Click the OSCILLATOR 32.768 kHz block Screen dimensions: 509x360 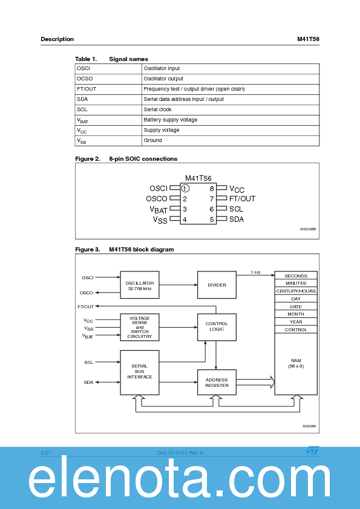(140, 285)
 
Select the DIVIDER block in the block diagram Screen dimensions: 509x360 (217, 285)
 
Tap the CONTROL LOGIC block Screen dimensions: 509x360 (217, 326)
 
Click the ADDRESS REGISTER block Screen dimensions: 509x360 (217, 383)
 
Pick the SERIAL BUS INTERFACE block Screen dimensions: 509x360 (140, 371)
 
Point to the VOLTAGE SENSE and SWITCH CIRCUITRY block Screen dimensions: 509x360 (140, 327)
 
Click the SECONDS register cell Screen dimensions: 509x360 (296, 276)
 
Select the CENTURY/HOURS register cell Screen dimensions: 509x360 (296, 291)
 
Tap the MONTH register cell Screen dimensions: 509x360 (296, 314)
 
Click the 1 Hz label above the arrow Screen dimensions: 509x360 (255, 273)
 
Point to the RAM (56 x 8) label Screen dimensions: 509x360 (296, 363)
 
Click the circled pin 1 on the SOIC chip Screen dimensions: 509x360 (185, 189)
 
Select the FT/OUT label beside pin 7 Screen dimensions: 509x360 (242, 199)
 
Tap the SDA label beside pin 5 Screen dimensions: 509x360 (237, 219)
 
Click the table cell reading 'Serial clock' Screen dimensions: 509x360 (157, 109)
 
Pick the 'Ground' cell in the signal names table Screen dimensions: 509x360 (152, 140)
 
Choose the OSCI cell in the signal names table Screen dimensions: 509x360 (83, 68)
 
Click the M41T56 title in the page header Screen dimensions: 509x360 (308, 39)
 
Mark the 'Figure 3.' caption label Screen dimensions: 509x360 (87, 249)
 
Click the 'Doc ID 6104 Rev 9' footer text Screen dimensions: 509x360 (180, 452)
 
